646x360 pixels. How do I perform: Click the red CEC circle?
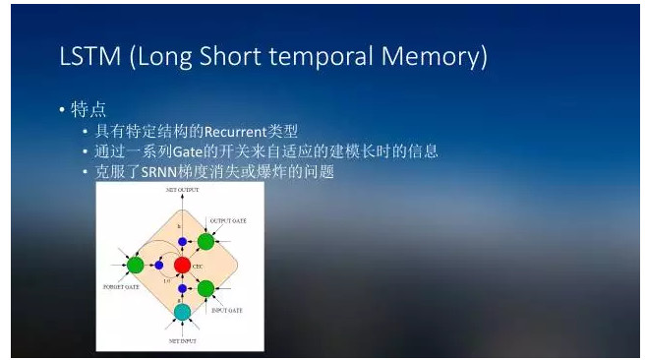182,265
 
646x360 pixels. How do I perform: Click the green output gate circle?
206,241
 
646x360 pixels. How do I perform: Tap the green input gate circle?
206,288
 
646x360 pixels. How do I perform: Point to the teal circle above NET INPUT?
182,312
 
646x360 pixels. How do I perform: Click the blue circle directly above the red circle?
182,242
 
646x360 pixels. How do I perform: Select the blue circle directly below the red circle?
182,287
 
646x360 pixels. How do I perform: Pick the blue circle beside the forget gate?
158,264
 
